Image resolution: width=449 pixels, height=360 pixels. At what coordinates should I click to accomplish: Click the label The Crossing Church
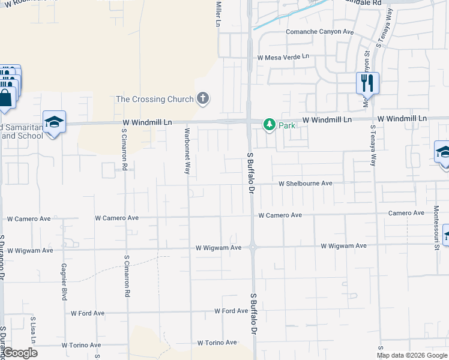[x=154, y=99]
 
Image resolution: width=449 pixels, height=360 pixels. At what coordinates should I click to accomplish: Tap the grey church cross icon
[x=203, y=98]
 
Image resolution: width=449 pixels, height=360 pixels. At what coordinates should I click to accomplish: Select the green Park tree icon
[x=270, y=125]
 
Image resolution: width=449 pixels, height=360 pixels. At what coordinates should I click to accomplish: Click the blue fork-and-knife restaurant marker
[x=367, y=82]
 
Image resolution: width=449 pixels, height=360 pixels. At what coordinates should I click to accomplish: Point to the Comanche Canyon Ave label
[x=319, y=32]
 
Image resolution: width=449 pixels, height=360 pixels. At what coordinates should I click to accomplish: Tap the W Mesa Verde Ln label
[x=283, y=57]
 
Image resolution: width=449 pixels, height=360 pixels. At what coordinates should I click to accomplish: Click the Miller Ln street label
[x=218, y=13]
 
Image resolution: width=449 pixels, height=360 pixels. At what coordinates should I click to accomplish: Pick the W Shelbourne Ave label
[x=305, y=183]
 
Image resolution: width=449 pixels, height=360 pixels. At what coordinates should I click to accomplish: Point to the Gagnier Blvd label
[x=64, y=281]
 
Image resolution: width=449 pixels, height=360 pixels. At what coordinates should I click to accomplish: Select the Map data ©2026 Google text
[x=412, y=355]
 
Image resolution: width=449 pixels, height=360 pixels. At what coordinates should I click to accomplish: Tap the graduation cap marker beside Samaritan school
[x=54, y=122]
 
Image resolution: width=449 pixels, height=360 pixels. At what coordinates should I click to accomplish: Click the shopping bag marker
[x=6, y=98]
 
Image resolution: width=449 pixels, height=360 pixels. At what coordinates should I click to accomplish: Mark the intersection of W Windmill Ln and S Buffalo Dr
[x=249, y=122]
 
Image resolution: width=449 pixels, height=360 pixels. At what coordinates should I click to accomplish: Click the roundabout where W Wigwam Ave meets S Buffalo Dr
[x=253, y=246]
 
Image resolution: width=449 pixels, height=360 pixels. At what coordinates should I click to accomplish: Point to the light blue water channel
[x=288, y=16]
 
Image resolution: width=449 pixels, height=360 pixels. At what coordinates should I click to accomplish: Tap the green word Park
[x=287, y=125]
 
